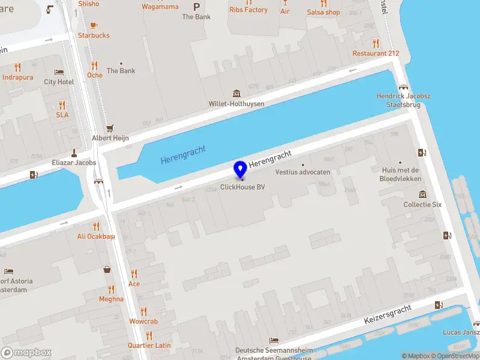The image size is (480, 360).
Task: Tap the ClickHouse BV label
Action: pos(242,187)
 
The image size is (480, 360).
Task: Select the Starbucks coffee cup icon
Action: pos(94,25)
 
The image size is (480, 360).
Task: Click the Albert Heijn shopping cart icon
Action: pos(110,128)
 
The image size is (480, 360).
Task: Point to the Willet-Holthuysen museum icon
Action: pos(236,94)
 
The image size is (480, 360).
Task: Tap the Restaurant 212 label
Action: pos(376,53)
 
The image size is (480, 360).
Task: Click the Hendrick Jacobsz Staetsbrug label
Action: pos(403,100)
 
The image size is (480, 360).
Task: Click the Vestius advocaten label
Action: pos(303,172)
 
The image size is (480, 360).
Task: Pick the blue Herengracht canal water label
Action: pos(183,155)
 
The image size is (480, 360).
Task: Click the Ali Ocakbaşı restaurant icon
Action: pos(95,226)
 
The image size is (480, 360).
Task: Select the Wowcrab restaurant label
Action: pos(143,322)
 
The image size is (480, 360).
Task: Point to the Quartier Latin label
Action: pos(149,346)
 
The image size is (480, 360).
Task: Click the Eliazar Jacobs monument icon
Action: pos(74,152)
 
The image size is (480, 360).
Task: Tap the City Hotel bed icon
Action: pos(59,72)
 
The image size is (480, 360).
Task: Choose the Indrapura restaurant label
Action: pos(18,77)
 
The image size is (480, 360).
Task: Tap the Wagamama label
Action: pos(160,7)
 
